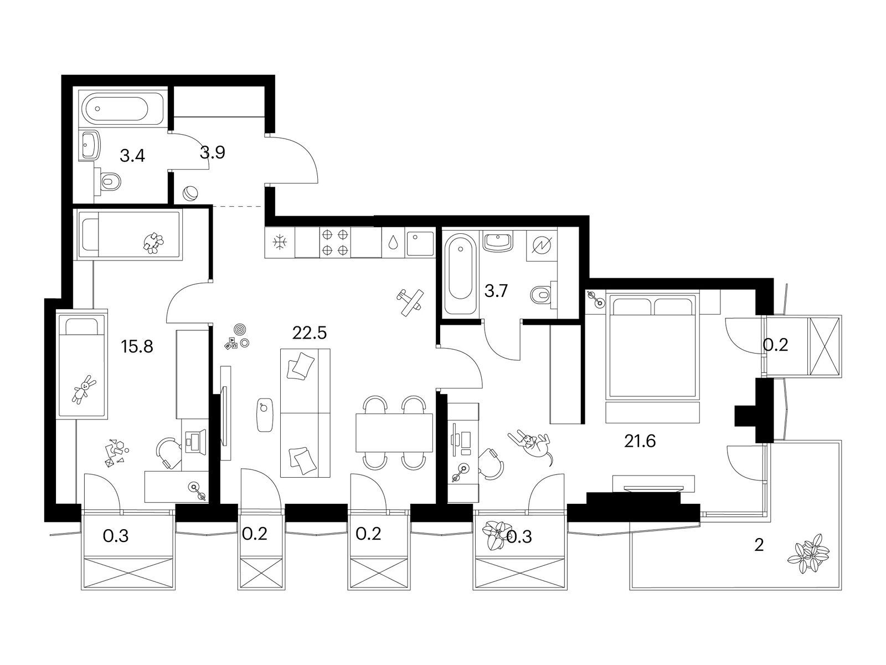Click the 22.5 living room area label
(310, 333)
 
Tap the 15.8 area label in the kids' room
(137, 346)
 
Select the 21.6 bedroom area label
(640, 441)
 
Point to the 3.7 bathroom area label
(496, 291)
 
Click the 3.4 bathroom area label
(132, 156)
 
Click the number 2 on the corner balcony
(759, 545)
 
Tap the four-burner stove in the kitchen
(336, 243)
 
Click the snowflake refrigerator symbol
(279, 243)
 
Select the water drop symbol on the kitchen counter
(393, 243)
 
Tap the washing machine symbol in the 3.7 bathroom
(542, 245)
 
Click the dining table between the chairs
(394, 432)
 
